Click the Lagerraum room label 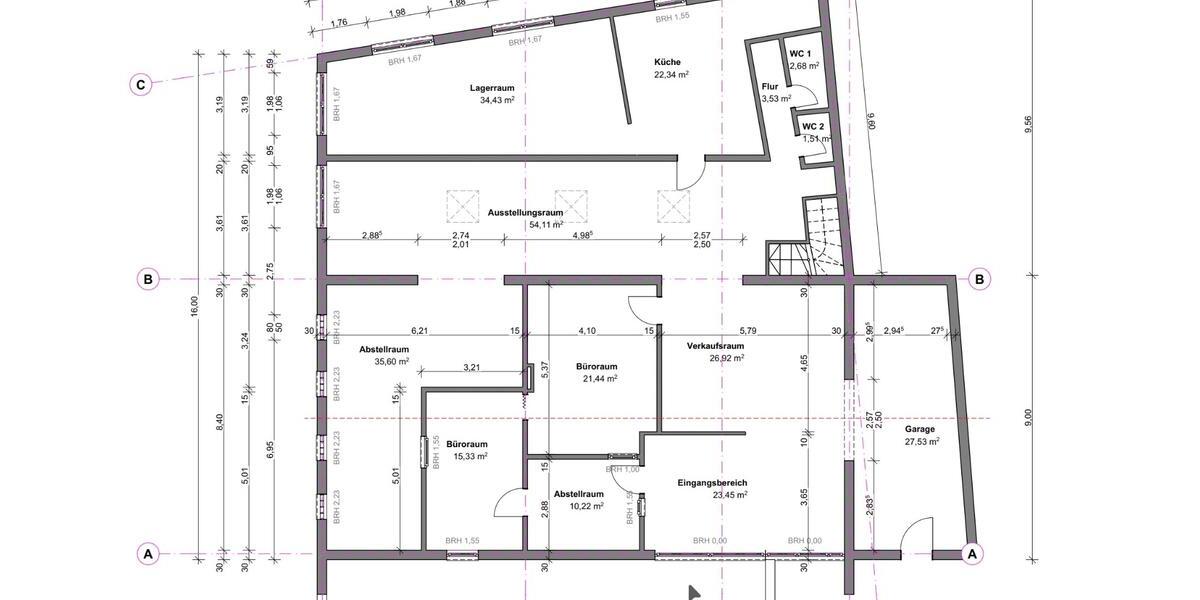point(491,88)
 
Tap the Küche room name point(667,62)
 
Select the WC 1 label point(800,53)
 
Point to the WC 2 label point(813,127)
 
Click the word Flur point(770,86)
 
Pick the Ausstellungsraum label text point(525,213)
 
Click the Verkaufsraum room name point(715,346)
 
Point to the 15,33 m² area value point(467,456)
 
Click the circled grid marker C point(141,85)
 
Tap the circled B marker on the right point(980,279)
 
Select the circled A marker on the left point(148,553)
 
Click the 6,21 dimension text point(419,330)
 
